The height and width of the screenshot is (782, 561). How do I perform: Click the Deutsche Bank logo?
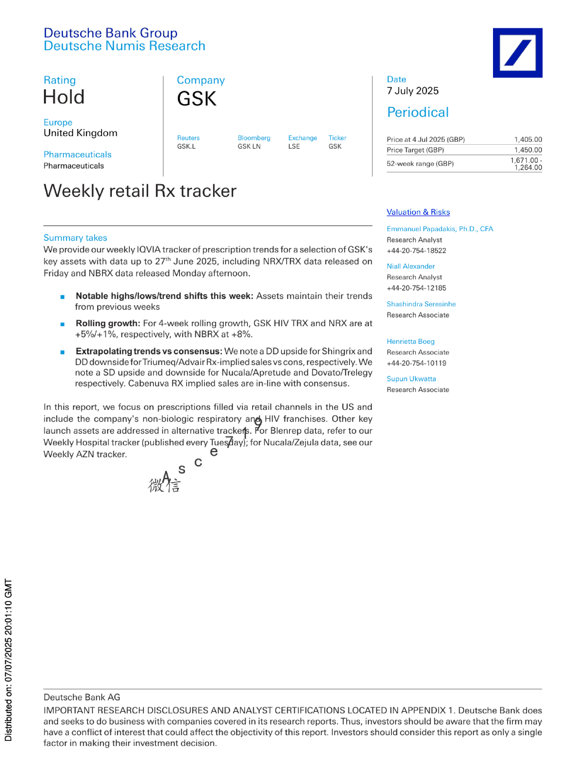pos(517,52)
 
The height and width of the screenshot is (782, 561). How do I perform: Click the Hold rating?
pos(64,97)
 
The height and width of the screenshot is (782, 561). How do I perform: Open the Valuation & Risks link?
pos(418,212)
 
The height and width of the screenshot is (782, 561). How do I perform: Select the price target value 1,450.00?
pos(528,150)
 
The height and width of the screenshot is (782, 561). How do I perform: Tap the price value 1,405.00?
pos(528,139)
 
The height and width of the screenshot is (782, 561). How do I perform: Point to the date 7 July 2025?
pos(413,91)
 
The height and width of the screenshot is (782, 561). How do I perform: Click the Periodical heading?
pos(417,113)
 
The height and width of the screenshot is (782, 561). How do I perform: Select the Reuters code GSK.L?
pos(186,147)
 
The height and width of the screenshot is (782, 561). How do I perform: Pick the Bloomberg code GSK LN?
pos(249,147)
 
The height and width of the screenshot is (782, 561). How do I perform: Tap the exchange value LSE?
pos(294,147)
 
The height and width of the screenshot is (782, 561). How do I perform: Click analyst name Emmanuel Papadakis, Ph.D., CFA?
pos(440,229)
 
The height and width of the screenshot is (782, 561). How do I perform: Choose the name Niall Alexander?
pos(410,266)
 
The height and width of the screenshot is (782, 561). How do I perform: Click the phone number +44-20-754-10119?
pos(416,363)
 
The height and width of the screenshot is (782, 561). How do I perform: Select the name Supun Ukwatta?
pos(411,379)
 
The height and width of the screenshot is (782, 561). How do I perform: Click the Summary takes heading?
pos(75,238)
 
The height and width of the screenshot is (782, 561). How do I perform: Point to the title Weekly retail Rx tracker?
pos(140,191)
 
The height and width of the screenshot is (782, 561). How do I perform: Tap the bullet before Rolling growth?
pos(62,324)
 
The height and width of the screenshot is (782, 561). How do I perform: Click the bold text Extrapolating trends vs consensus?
pos(149,351)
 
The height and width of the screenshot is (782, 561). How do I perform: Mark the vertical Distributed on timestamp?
pos(8,660)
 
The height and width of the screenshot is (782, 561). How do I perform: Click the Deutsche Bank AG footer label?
pos(82,697)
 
